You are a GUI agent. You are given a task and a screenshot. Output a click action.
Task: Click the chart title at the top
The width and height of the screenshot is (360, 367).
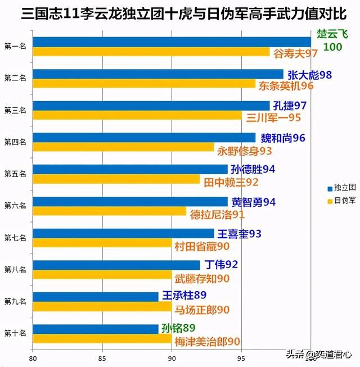(180, 12)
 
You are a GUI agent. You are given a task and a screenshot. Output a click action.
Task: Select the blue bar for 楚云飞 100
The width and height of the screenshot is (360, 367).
(172, 42)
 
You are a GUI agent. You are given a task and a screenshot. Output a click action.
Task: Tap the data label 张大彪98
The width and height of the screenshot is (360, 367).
(309, 74)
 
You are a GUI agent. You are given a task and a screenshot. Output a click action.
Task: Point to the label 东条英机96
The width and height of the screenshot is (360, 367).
(285, 86)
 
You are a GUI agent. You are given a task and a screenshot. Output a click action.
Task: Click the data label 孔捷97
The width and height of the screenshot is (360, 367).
(290, 106)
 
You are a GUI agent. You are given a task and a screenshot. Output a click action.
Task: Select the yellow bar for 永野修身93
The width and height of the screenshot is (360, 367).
(123, 148)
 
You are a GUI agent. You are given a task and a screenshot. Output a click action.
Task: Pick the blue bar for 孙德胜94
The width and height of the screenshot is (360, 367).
(130, 169)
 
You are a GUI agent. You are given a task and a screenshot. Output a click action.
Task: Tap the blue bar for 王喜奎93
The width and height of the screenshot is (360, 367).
(123, 233)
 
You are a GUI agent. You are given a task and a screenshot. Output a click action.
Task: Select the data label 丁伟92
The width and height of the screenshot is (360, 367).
(221, 264)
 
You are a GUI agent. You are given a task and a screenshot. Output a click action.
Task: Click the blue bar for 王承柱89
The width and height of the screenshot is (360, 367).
(96, 297)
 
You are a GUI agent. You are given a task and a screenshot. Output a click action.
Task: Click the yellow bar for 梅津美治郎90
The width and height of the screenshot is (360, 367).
(102, 339)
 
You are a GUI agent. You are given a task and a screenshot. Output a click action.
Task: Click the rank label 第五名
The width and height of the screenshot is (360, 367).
(15, 174)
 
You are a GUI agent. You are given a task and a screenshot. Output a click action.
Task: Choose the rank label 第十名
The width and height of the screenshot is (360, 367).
(15, 333)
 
